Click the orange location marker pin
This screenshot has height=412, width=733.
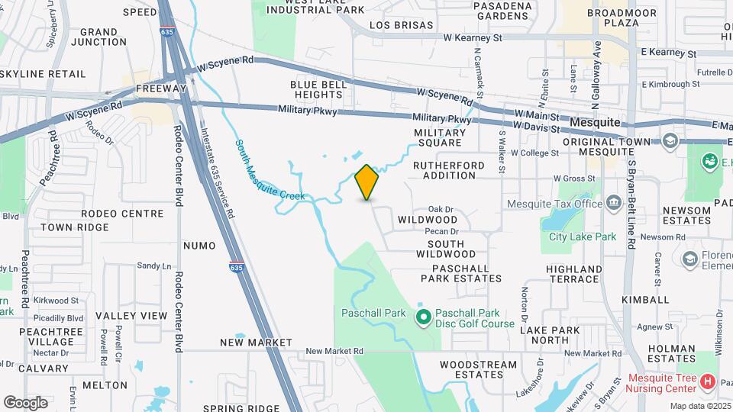point(367,182)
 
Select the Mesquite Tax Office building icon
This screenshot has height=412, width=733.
point(613,202)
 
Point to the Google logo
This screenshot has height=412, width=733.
point(25,402)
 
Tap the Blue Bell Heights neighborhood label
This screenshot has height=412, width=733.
point(316,89)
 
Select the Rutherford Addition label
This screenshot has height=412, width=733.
point(449,170)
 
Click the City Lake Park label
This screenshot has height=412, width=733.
point(582,237)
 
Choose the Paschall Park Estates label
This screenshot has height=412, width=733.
point(467,274)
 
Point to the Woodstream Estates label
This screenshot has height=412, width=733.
point(479,370)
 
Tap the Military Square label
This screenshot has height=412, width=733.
point(438,137)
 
